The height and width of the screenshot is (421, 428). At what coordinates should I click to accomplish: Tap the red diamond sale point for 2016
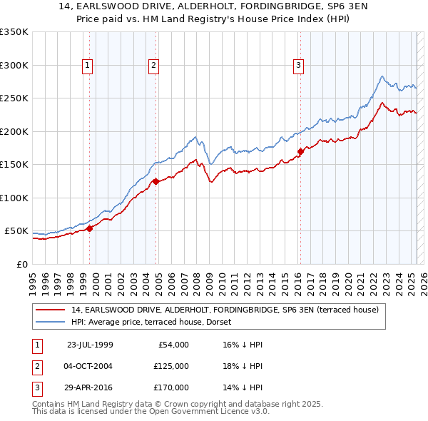tap(301, 151)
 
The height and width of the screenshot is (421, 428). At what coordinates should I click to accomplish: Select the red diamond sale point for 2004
tap(156, 181)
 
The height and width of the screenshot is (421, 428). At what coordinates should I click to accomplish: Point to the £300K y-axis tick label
tap(14, 65)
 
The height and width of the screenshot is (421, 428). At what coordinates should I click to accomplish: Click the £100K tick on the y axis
tap(14, 198)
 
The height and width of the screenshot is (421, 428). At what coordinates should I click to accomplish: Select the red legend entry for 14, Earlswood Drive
tap(228, 310)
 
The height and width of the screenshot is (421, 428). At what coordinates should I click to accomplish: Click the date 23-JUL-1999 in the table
tap(90, 345)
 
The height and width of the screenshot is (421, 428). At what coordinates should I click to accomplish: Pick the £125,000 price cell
tap(171, 366)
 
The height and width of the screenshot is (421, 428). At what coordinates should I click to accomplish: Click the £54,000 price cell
tap(173, 345)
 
